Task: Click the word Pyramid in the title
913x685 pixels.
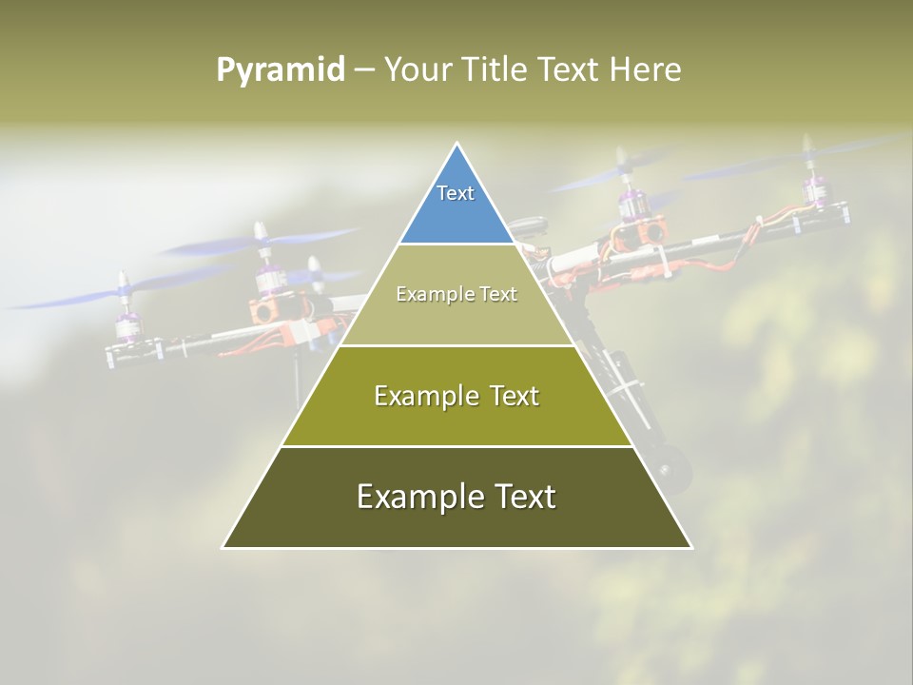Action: [x=280, y=70]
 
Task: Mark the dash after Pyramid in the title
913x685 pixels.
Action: [x=364, y=70]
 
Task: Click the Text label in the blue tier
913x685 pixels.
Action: [x=456, y=193]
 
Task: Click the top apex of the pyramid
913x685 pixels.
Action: [x=457, y=144]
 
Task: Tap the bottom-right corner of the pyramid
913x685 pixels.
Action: [x=690, y=547]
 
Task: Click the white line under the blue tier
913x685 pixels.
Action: [x=457, y=244]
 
